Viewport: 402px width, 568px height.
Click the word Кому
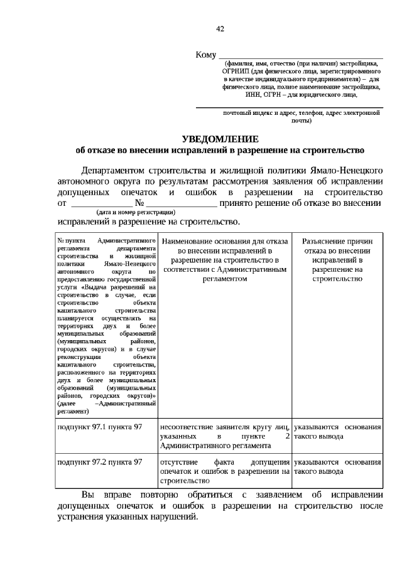[206, 55]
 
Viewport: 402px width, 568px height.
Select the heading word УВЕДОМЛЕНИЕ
[220, 139]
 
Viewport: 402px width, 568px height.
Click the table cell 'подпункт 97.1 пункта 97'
[99, 427]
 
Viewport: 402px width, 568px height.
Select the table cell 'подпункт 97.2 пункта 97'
[99, 462]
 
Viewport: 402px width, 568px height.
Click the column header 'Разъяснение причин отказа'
[337, 259]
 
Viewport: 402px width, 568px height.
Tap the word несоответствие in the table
[189, 427]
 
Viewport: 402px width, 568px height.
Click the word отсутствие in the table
[180, 462]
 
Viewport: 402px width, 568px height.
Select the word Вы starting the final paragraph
[89, 495]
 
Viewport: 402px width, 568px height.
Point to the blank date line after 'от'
[101, 205]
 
